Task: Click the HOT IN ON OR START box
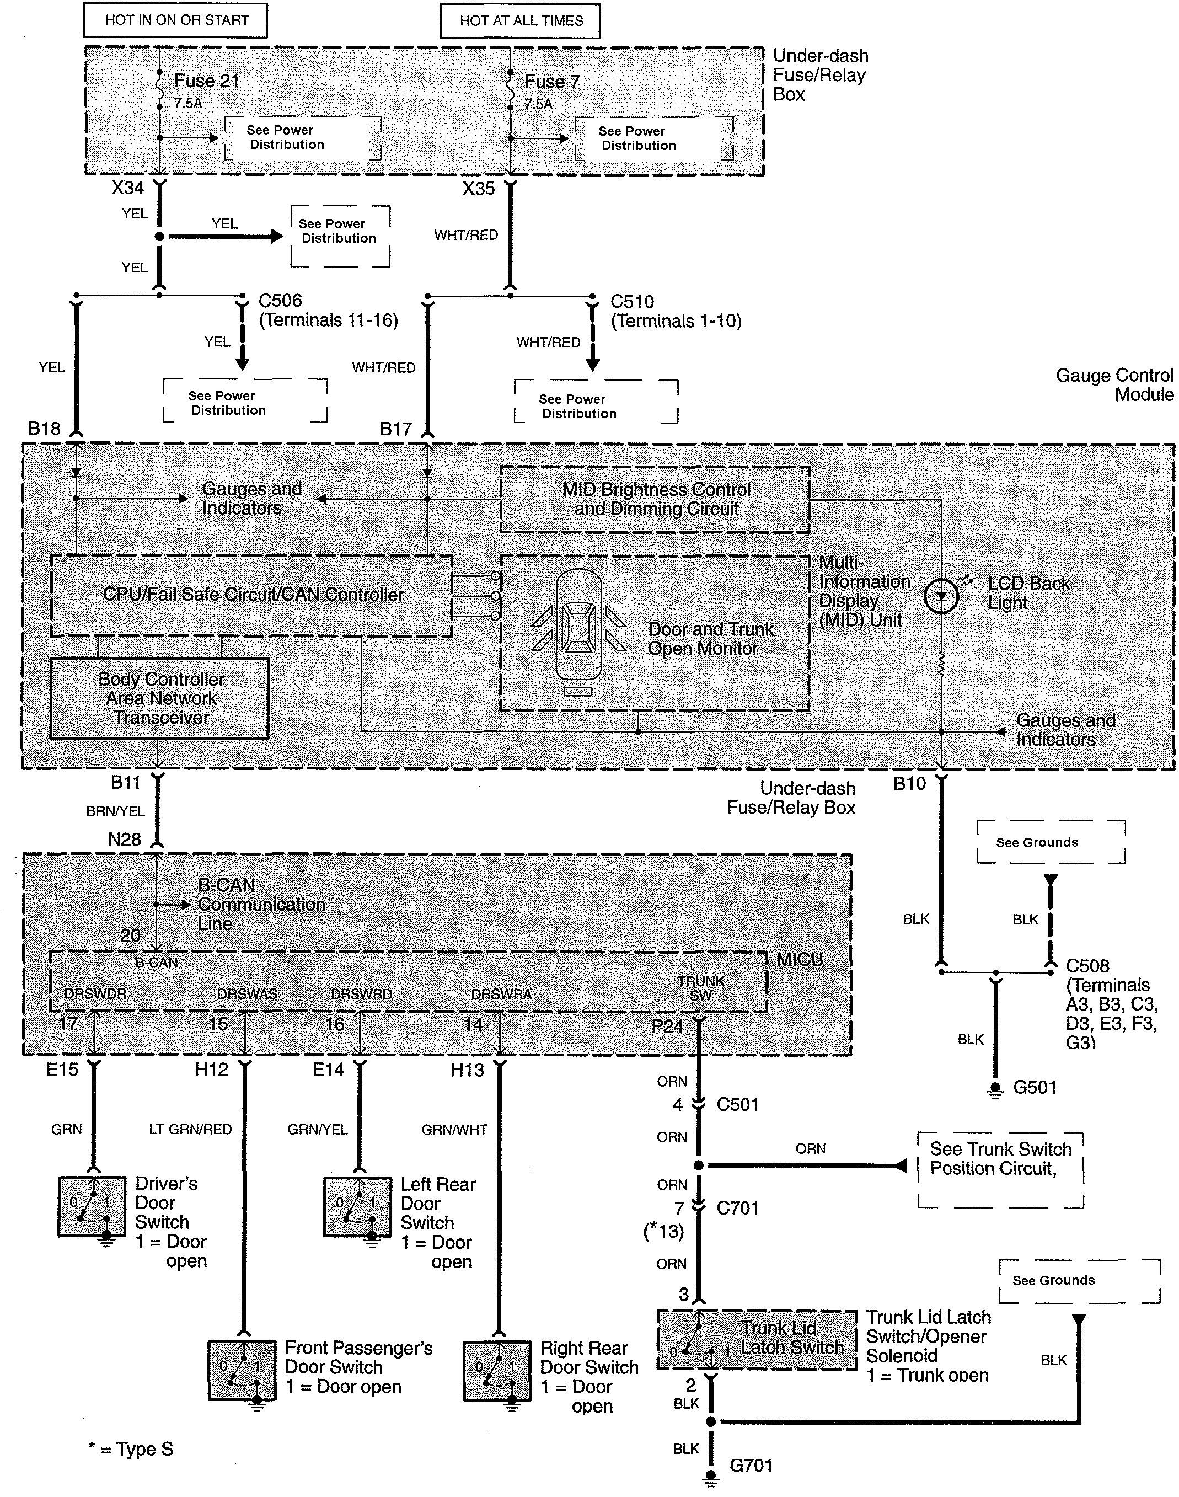pyautogui.click(x=175, y=20)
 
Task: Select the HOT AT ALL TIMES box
pyautogui.click(x=521, y=21)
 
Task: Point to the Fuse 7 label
pyautogui.click(x=552, y=82)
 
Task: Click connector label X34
pyautogui.click(x=128, y=188)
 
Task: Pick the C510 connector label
pyautogui.click(x=633, y=302)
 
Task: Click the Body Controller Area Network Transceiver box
pyautogui.click(x=159, y=698)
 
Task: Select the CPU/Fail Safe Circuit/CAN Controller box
pyautogui.click(x=252, y=595)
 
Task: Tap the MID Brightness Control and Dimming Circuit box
pyautogui.click(x=655, y=499)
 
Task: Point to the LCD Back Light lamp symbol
pyautogui.click(x=941, y=596)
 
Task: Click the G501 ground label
pyautogui.click(x=1035, y=1088)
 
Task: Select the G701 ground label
pyautogui.click(x=751, y=1465)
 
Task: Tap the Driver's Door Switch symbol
pyautogui.click(x=92, y=1207)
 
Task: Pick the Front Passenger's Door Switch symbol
pyautogui.click(x=243, y=1370)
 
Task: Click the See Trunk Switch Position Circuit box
pyautogui.click(x=1000, y=1170)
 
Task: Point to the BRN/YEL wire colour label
pyautogui.click(x=115, y=811)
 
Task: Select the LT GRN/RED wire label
pyautogui.click(x=190, y=1129)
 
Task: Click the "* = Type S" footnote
pyautogui.click(x=131, y=1450)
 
